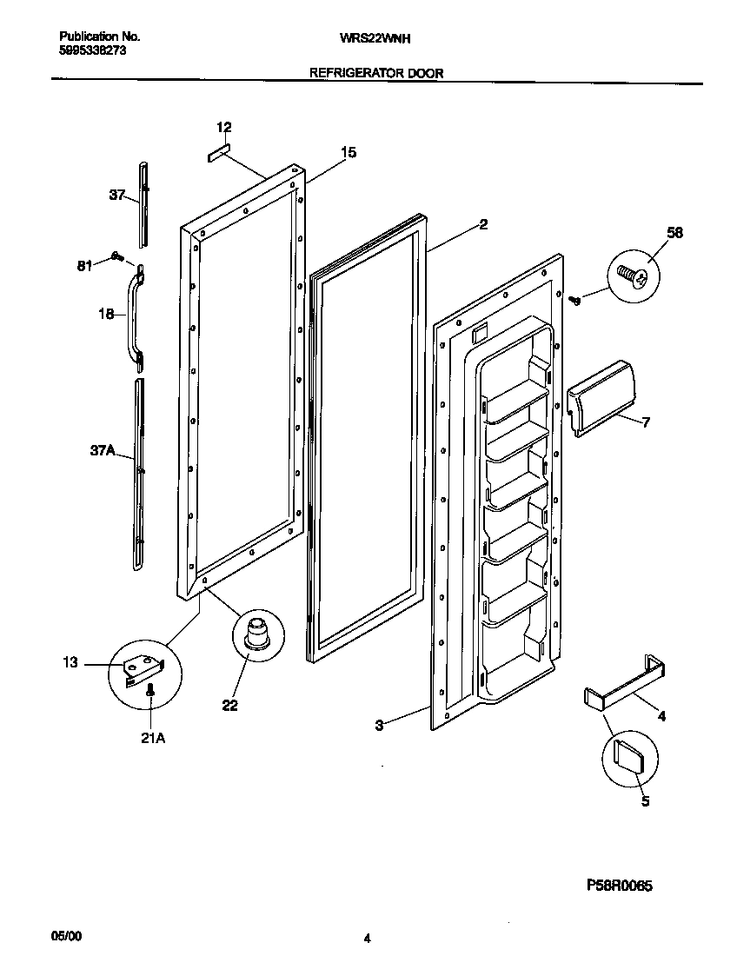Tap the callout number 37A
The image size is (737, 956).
click(x=103, y=452)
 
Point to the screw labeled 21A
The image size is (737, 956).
click(x=150, y=690)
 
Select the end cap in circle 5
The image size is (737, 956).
click(x=628, y=755)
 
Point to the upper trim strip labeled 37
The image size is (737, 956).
click(x=143, y=203)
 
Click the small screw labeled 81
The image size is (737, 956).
click(x=116, y=256)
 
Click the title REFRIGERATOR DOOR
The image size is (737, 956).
click(x=376, y=74)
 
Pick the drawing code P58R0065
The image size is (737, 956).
click(x=618, y=886)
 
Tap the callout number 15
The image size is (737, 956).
click(x=348, y=153)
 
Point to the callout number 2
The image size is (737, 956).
click(x=482, y=224)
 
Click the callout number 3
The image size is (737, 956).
click(x=380, y=725)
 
